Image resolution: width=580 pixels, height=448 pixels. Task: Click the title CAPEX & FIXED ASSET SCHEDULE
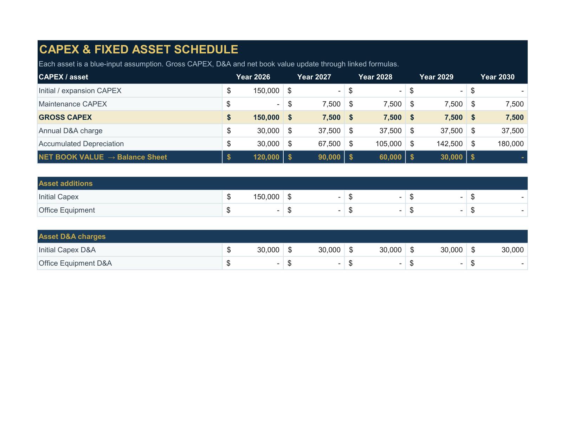[x=138, y=49]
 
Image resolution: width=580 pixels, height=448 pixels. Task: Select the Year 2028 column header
[x=375, y=77]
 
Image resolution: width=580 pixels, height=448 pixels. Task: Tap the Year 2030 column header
[x=497, y=77]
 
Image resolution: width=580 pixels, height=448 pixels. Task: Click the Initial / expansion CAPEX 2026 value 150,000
[x=266, y=91]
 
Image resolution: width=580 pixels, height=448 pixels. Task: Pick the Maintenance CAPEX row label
[x=73, y=104]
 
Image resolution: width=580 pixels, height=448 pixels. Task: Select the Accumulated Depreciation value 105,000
[x=388, y=144]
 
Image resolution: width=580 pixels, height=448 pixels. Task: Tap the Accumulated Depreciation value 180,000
[x=510, y=144]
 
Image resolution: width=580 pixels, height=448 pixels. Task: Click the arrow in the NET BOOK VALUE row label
[x=111, y=157]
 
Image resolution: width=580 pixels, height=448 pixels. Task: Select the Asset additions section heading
[x=66, y=183]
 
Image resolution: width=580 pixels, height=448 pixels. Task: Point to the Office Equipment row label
[x=67, y=210]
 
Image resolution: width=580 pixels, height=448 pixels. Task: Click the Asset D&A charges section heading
[x=72, y=237]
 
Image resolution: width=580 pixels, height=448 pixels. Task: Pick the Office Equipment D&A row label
[x=75, y=264]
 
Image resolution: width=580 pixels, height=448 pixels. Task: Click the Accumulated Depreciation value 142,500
[x=450, y=144]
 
